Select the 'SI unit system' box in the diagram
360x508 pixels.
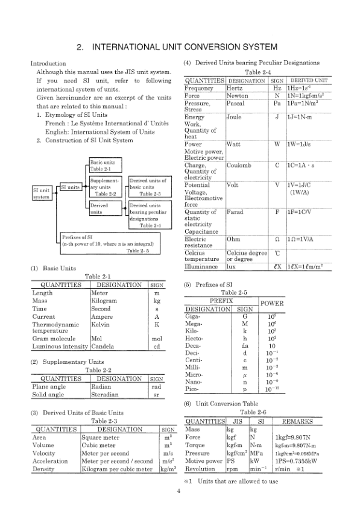pos(41,193)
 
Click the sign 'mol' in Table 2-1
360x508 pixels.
pos(156,339)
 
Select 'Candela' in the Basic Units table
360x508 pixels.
pos(102,347)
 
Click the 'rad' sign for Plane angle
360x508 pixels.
pos(156,387)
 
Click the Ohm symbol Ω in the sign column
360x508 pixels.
pos(276,239)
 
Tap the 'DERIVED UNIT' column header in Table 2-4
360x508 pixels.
pos(309,80)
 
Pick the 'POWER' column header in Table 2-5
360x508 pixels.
pos(271,303)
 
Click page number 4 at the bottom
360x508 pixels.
pos(179,491)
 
